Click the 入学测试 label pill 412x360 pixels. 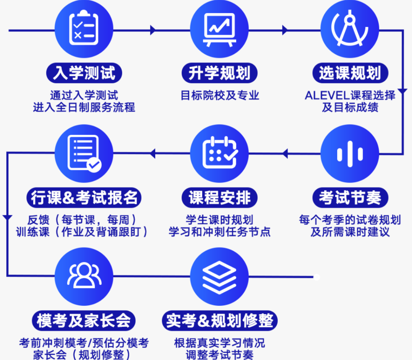pos(84,73)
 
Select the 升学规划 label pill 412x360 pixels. pos(219,73)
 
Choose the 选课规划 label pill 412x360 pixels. pos(350,73)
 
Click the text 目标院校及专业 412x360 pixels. pos(220,95)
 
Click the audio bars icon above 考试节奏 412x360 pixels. pos(350,154)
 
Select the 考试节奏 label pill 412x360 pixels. pos(350,197)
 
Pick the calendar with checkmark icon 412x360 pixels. pos(220,152)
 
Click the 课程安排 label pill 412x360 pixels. pos(219,197)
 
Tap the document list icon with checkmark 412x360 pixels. pos(84,153)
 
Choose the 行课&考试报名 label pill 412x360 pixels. pos(84,197)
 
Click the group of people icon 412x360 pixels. pos(84,275)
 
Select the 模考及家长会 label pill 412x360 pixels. pos(84,321)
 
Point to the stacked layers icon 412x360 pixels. pos(219,278)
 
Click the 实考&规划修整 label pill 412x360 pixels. pos(220,321)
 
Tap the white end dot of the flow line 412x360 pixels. pos(317,277)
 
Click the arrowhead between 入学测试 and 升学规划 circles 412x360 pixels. pos(153,30)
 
